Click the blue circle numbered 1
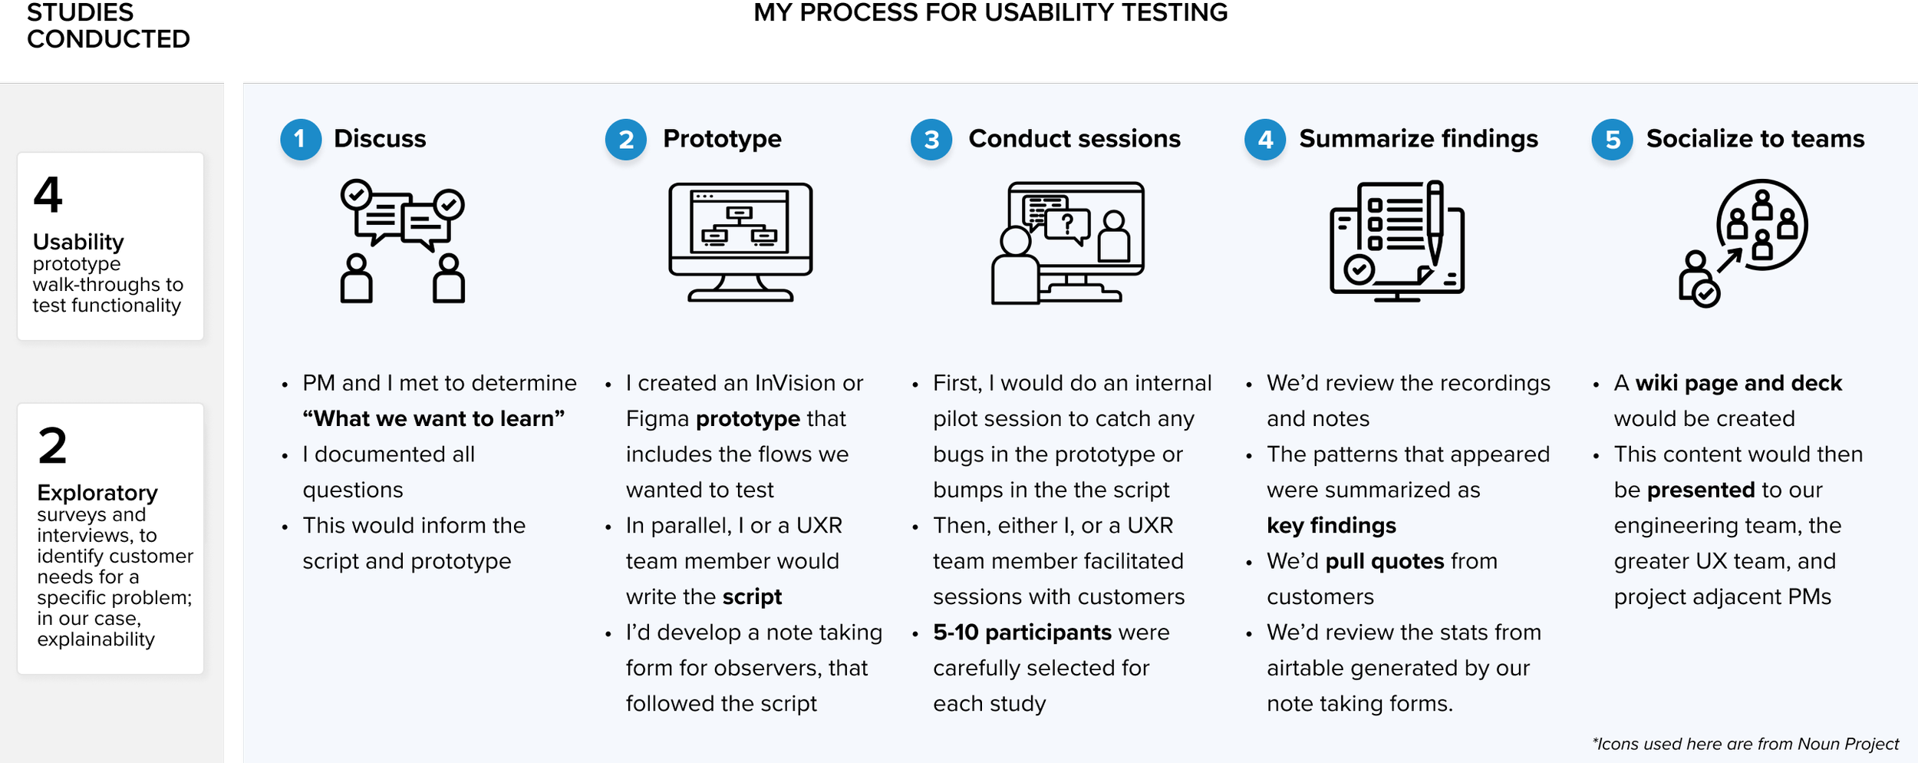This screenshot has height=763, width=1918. [x=300, y=139]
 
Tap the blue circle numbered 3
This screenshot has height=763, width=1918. [x=931, y=139]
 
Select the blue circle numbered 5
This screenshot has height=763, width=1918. [x=1612, y=139]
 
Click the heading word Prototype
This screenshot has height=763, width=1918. [x=722, y=139]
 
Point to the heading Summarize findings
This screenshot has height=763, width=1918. [x=1418, y=139]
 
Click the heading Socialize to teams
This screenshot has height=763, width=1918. [x=1755, y=139]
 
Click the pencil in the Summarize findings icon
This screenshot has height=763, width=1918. [x=1434, y=223]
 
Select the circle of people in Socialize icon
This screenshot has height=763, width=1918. [x=1761, y=224]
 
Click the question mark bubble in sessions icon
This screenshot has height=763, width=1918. [x=1067, y=226]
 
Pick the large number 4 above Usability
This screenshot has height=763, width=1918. [x=48, y=195]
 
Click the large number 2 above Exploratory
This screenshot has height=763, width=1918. [x=52, y=446]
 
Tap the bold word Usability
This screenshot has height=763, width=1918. [x=78, y=242]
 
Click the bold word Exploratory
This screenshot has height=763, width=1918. [x=97, y=493]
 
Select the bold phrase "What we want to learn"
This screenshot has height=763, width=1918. [x=433, y=419]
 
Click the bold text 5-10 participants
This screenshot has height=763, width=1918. [x=1022, y=633]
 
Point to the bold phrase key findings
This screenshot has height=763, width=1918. [x=1331, y=526]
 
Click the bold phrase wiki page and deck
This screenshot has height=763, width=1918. [x=1738, y=383]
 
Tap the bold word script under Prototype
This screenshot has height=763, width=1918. [x=752, y=597]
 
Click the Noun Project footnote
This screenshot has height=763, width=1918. [x=1745, y=744]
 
